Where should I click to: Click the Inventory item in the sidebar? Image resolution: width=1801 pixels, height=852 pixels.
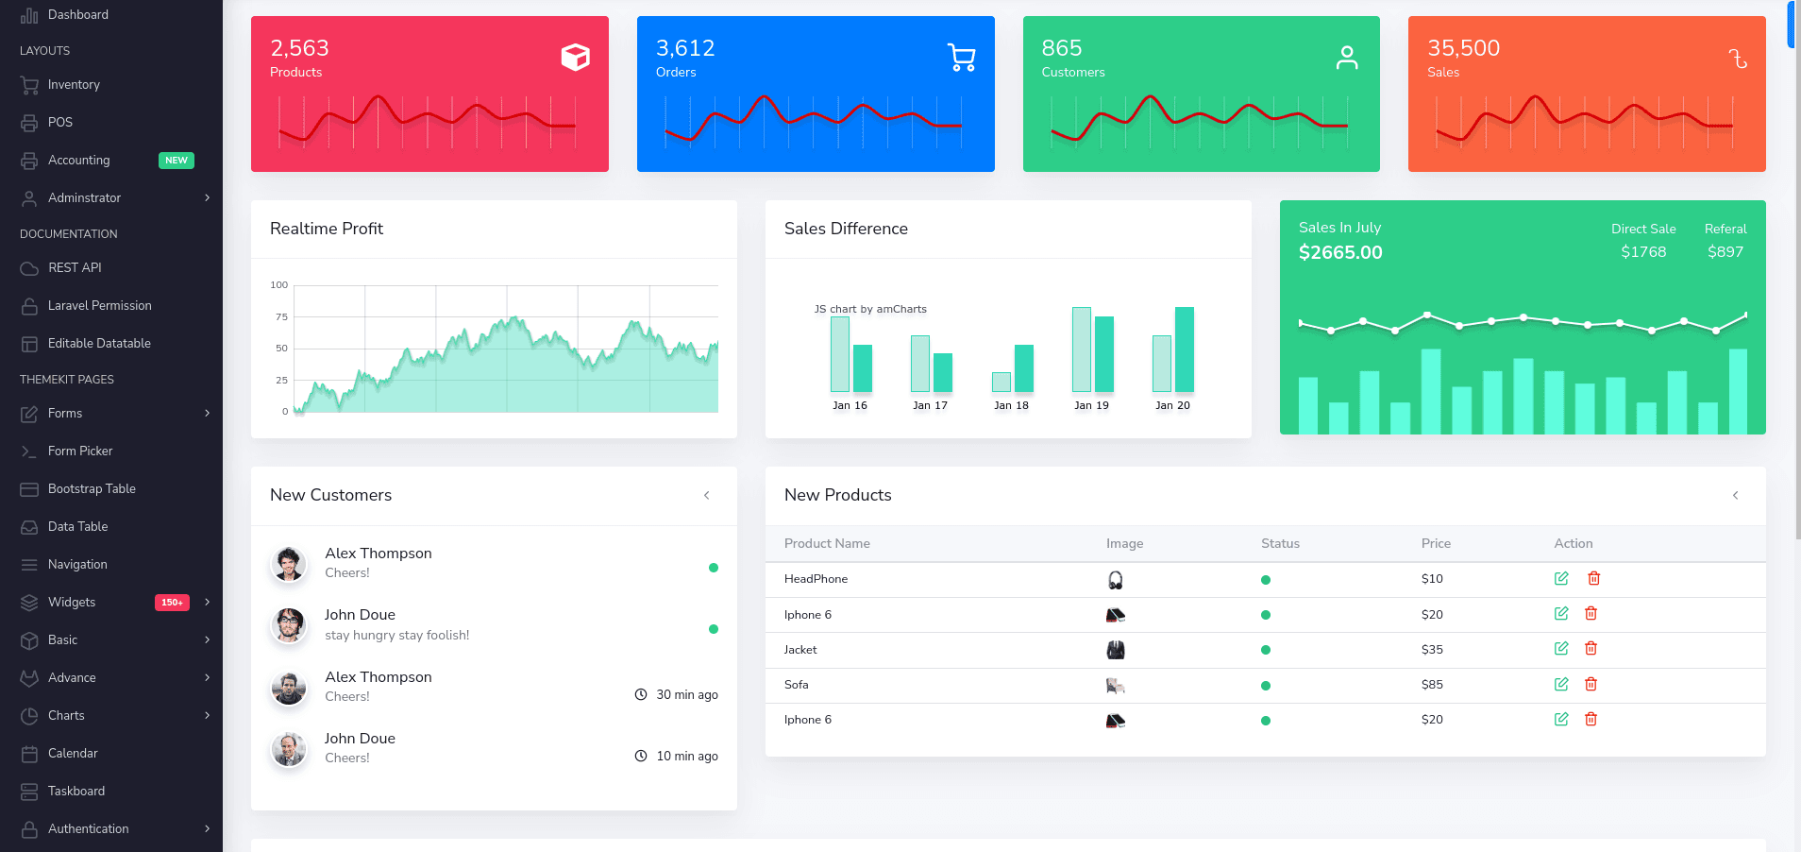[x=74, y=85]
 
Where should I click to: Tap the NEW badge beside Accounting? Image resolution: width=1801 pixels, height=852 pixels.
[x=176, y=161]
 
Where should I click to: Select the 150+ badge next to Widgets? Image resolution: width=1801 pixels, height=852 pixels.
[x=172, y=603]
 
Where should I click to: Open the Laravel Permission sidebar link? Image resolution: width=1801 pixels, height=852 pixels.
[x=99, y=306]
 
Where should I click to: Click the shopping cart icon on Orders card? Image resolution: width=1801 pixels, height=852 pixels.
[x=961, y=58]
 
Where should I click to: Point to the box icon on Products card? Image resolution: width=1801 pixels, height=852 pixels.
[x=576, y=58]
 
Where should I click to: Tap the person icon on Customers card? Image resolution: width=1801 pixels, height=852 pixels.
[x=1347, y=58]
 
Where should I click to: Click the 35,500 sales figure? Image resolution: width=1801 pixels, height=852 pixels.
[x=1463, y=48]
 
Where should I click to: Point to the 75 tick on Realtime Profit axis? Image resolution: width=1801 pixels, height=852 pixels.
[x=281, y=317]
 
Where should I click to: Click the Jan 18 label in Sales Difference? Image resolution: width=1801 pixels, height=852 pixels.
[x=1011, y=406]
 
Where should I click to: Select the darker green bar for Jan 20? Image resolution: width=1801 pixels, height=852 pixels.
[x=1184, y=349]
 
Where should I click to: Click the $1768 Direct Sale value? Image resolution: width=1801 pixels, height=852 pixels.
[x=1643, y=252]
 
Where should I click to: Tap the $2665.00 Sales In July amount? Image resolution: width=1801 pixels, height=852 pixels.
[x=1340, y=253]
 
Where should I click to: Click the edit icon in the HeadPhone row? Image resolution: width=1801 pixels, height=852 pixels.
[x=1561, y=578]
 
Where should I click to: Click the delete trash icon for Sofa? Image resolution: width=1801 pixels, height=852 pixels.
[x=1591, y=684]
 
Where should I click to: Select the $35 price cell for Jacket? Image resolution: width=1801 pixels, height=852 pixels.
[x=1432, y=650]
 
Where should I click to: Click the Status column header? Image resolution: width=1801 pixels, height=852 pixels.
[x=1280, y=544]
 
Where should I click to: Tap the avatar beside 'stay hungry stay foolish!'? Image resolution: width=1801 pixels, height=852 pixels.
[x=289, y=624]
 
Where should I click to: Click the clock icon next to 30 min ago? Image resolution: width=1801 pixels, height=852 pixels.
[x=641, y=694]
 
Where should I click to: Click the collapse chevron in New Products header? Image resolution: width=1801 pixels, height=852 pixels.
[x=1735, y=496]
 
